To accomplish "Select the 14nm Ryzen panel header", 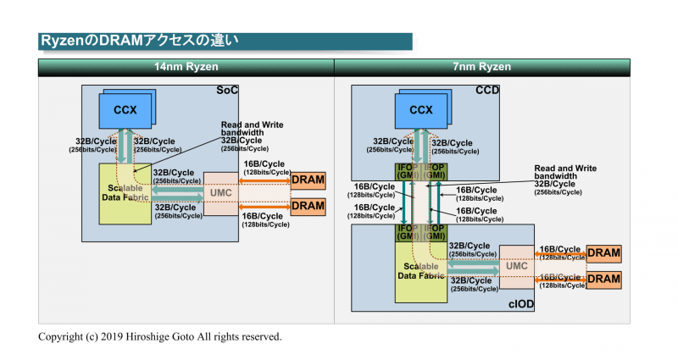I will coord(186,67).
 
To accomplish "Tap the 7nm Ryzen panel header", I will coord(482,67).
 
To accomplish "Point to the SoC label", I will coord(228,91).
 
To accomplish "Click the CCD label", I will coord(486,91).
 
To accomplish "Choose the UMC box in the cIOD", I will coord(516,266).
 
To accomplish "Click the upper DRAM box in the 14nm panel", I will coord(308,180).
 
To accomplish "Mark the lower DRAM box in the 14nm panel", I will coord(308,206).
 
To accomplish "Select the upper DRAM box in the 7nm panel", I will coord(603,253).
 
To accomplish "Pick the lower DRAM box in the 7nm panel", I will coord(603,279).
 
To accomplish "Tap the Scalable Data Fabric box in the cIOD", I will coord(421,271).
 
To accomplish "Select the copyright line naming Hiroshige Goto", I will coord(159,336).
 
